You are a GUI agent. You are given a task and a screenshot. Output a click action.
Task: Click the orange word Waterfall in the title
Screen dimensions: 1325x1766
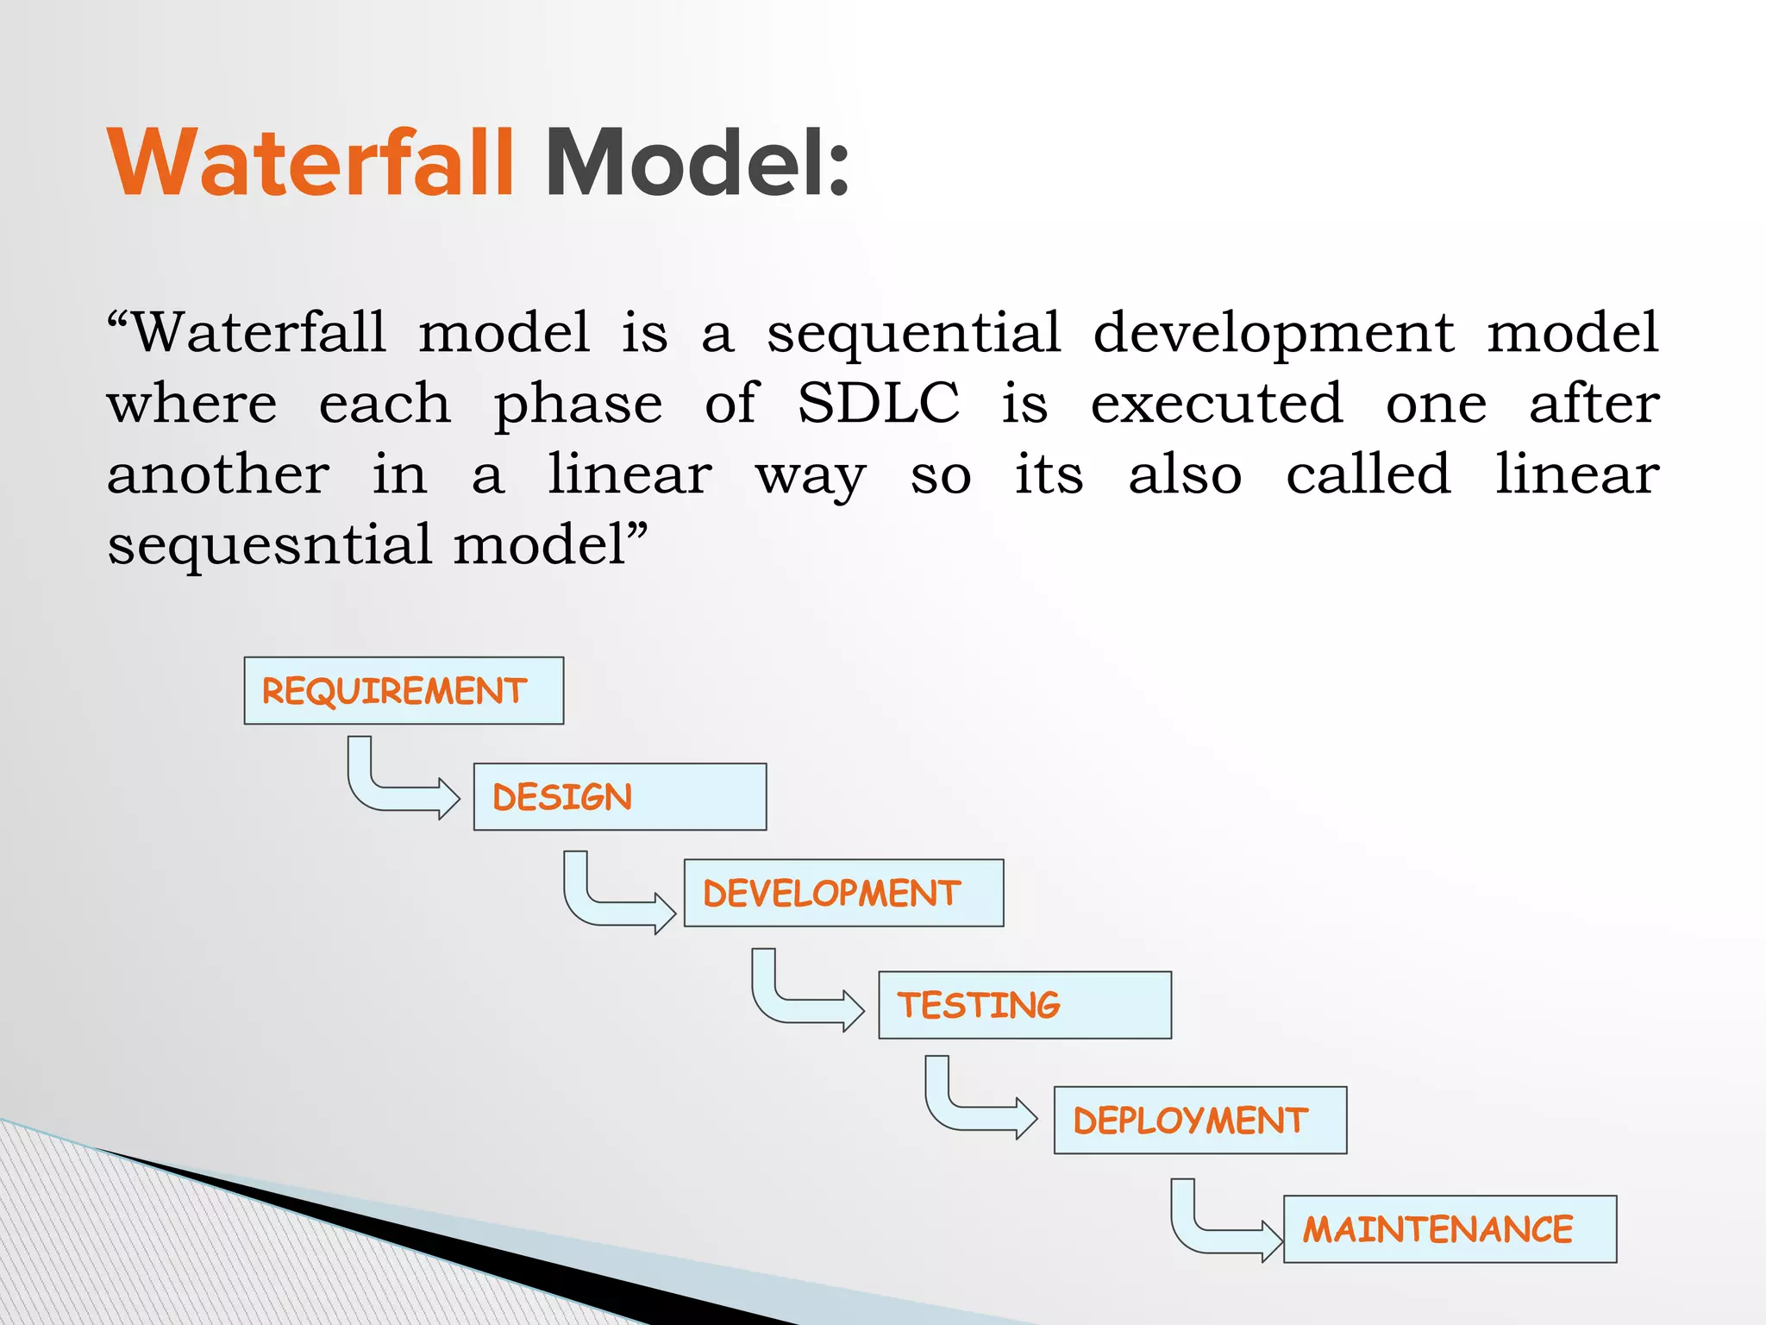point(310,164)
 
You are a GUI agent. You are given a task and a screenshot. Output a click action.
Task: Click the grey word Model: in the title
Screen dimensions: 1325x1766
point(697,164)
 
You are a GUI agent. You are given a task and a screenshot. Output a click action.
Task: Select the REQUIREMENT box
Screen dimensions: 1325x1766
point(404,691)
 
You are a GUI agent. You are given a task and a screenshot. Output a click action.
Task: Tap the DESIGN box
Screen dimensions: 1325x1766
point(619,797)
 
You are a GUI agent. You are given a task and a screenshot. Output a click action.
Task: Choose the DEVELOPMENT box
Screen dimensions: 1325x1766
point(843,893)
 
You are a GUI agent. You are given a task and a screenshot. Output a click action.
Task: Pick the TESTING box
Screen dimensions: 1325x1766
point(1024,1006)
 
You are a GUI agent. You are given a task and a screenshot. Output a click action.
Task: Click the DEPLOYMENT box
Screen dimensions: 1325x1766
point(1199,1121)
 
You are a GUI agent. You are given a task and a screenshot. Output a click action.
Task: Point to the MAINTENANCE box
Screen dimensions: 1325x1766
point(1450,1229)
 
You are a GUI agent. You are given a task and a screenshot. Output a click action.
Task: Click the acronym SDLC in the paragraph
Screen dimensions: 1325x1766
point(878,403)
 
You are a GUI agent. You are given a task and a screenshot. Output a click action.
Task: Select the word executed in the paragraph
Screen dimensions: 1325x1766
point(1216,403)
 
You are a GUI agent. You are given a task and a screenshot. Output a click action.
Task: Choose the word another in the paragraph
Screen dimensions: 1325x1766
point(218,474)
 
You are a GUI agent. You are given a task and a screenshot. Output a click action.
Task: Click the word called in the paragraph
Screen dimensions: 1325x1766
point(1368,474)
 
